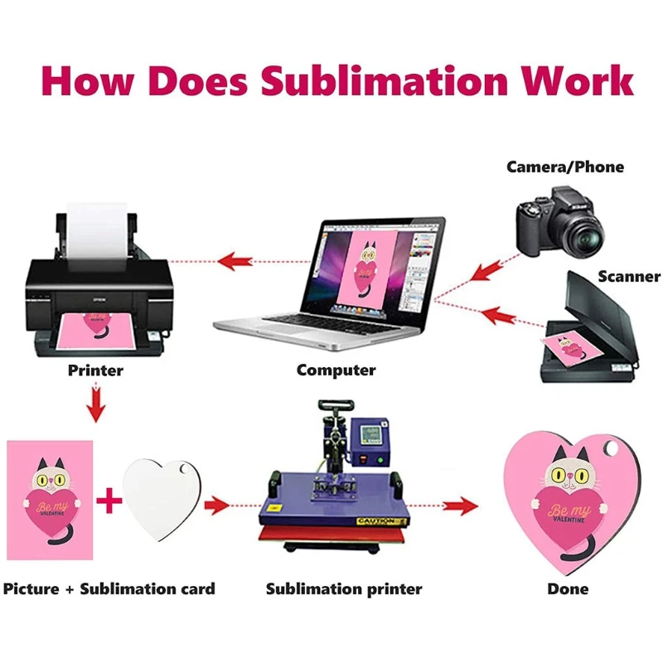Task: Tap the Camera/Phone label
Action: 565,167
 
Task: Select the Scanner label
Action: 629,277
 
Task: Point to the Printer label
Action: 95,370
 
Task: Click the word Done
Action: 568,589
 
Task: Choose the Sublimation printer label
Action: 344,589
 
